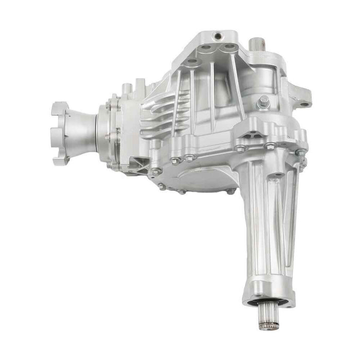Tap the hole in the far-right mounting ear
pyautogui.click(x=304, y=104)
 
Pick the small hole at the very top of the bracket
pyautogui.click(x=218, y=36)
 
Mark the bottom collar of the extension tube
pyautogui.click(x=269, y=293)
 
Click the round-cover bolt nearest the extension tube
pyautogui.click(x=230, y=191)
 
